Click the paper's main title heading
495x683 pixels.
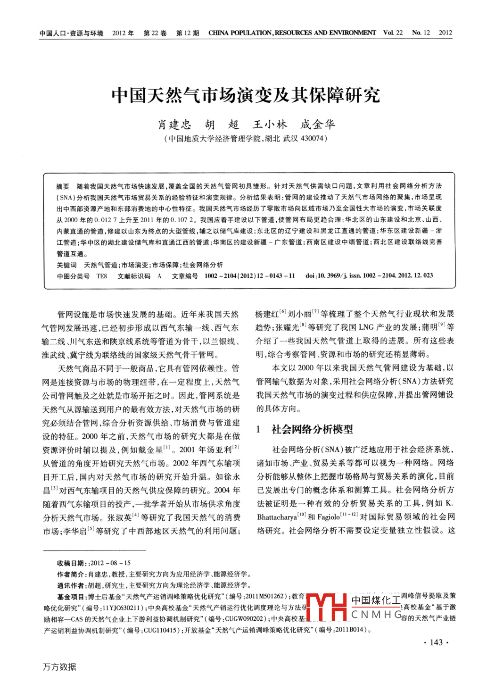tap(246, 95)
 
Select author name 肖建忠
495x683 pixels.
tap(174, 125)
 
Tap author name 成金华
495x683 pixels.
tap(318, 125)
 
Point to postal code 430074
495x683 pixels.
tap(312, 139)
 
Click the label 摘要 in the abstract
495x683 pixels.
tap(63, 186)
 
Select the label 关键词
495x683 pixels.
tap(66, 265)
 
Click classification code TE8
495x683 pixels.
tap(102, 276)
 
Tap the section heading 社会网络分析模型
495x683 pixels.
tap(312, 429)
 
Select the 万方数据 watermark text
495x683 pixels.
tap(59, 667)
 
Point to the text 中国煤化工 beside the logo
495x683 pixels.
tap(376, 600)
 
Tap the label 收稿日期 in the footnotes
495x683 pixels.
tap(71, 563)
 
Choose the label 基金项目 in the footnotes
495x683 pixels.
tap(71, 596)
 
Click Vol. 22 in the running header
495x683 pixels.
tap(393, 33)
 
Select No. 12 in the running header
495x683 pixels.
tap(421, 33)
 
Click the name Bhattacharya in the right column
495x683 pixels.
tap(277, 517)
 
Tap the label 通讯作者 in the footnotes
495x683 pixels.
tap(71, 585)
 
